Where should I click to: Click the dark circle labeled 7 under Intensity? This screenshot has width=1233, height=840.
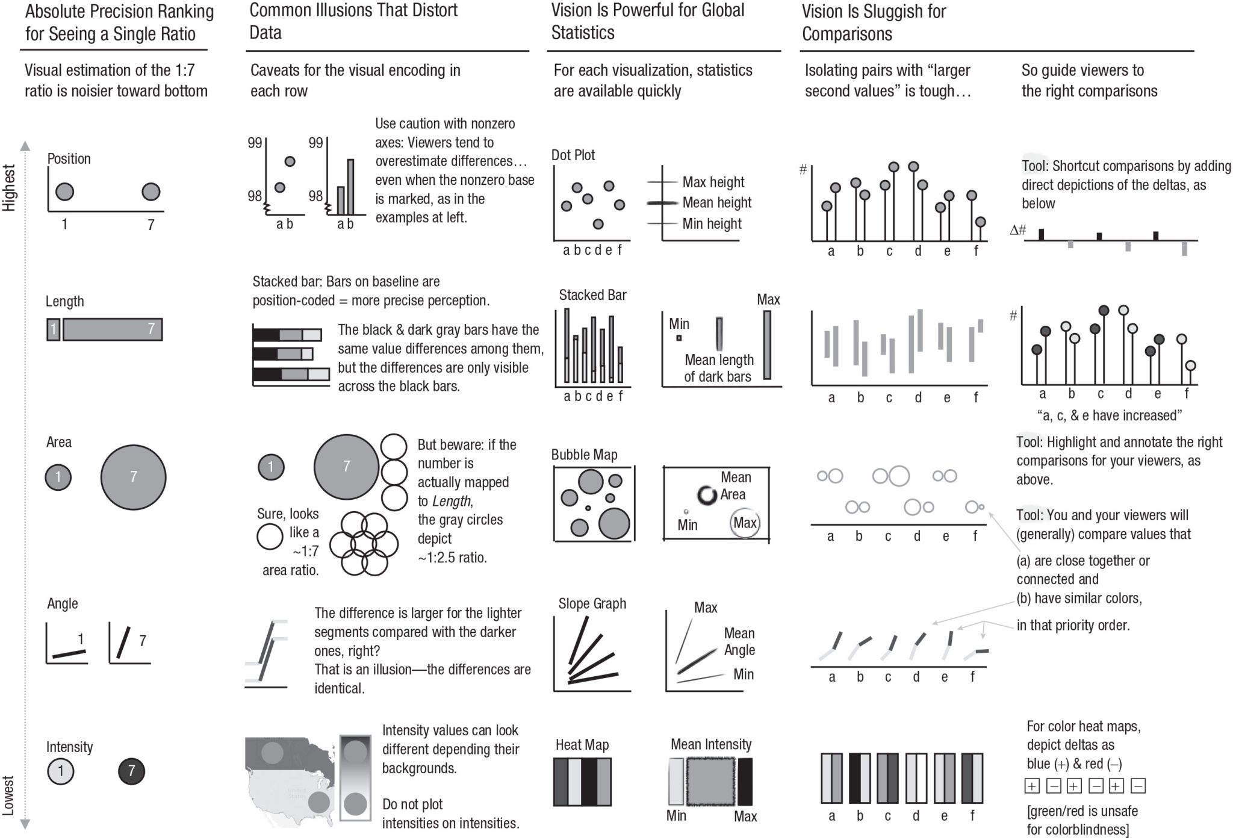pos(131,771)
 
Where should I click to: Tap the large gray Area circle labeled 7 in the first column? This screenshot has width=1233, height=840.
pos(133,477)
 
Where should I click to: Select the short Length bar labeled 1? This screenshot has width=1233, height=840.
pos(53,329)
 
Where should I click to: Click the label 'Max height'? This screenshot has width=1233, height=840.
pos(713,182)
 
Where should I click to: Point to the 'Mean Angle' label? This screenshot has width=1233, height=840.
pos(739,641)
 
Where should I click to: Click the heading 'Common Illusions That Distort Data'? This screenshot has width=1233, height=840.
pos(353,21)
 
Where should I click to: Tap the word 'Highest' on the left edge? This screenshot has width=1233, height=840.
pos(9,188)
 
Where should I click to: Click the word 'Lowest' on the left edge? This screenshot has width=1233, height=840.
pos(9,795)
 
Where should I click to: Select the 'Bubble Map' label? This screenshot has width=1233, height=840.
pos(584,455)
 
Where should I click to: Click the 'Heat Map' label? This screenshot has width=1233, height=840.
pos(582,745)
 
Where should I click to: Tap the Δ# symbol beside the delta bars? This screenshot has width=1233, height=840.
pos(1017,229)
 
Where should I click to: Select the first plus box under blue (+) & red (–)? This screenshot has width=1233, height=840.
pos(1031,786)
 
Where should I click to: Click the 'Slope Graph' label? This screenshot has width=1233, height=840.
pos(592,603)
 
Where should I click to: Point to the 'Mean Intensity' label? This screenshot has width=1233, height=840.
pos(710,744)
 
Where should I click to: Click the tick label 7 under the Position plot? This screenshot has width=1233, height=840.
pos(151,225)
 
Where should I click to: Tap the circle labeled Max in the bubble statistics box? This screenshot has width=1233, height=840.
pos(745,523)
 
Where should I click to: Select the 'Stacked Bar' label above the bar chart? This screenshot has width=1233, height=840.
pos(592,295)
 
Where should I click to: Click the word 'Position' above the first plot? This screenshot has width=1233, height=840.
pos(69,159)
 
